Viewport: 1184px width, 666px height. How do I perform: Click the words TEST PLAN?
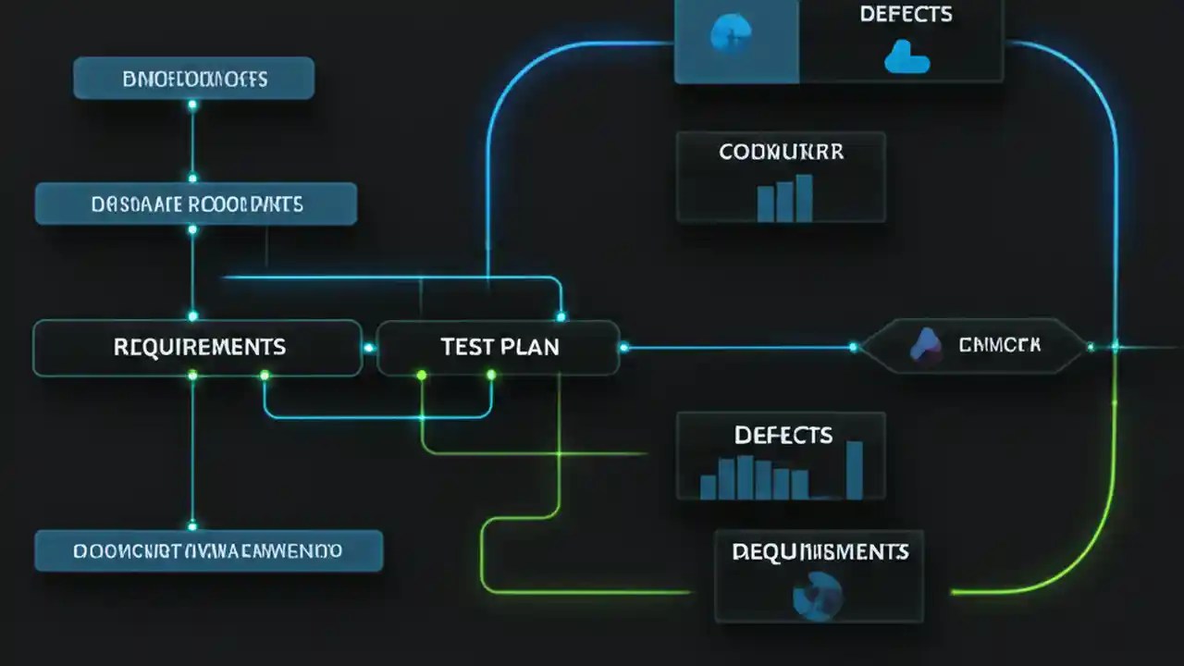click(499, 348)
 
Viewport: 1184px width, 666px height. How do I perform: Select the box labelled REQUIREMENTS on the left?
click(197, 348)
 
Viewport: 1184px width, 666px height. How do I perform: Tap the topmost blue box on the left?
click(193, 79)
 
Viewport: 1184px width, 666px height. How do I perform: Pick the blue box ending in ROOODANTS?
click(196, 203)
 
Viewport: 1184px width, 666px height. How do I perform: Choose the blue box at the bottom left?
click(208, 551)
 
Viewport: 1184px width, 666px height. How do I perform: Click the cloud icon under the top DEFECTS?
click(906, 59)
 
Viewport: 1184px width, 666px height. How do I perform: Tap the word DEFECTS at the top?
click(906, 15)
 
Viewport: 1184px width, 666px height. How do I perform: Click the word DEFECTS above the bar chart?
click(783, 435)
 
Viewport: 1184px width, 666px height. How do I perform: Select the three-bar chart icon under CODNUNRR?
click(784, 198)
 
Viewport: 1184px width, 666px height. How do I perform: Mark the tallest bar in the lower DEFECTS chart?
click(854, 470)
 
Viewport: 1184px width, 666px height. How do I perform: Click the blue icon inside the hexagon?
click(925, 346)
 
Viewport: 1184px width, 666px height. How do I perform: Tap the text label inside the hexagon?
click(1000, 346)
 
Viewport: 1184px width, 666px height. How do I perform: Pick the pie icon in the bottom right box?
click(818, 594)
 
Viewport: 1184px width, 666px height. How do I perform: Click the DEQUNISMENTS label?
click(820, 552)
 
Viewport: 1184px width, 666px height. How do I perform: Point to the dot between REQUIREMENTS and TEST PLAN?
click(369, 348)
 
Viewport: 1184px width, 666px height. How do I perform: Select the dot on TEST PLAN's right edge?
click(623, 348)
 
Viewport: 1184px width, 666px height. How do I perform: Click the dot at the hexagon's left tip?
click(853, 348)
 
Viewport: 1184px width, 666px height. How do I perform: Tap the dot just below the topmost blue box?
click(192, 105)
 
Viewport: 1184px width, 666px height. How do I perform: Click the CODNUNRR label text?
click(781, 152)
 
